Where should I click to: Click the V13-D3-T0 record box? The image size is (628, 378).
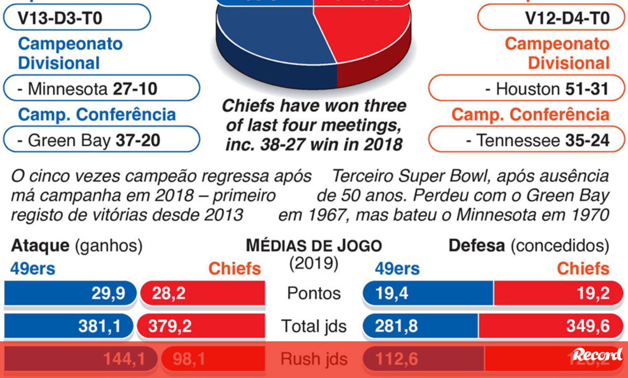pos(77,19)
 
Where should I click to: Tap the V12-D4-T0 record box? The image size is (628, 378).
pos(551,19)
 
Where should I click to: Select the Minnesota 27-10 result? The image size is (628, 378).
pos(102,89)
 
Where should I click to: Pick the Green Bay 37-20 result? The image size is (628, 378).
pos(102,140)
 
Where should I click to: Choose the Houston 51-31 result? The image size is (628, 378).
pos(526,89)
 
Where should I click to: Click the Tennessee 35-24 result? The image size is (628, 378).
pos(526,140)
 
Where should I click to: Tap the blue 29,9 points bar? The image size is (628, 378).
pos(71,294)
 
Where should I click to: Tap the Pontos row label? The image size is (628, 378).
pos(313,294)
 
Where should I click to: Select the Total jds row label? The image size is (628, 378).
pos(313,327)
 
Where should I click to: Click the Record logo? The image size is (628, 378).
pos(597,355)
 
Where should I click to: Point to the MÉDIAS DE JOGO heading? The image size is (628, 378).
pos(313,245)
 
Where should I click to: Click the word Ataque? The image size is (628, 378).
pos(40,245)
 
